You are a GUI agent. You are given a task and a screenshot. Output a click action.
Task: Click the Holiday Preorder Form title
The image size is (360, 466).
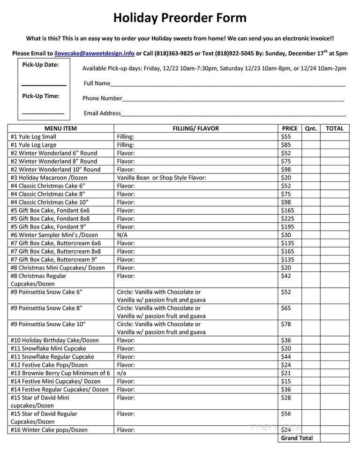[180, 18]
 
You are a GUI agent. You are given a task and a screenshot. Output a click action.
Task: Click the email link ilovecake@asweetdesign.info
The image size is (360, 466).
[94, 53]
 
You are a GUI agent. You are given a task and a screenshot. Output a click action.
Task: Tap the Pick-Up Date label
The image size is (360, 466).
[40, 65]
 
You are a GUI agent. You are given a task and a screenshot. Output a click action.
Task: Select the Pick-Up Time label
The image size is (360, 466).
[40, 96]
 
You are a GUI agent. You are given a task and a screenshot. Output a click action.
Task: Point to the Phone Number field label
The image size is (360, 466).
[102, 98]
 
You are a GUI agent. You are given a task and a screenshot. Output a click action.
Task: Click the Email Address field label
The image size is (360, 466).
[102, 113]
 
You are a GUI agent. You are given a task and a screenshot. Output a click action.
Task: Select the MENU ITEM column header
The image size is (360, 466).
[60, 128]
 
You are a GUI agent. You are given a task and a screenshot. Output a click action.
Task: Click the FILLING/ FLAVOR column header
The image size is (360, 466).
[195, 128]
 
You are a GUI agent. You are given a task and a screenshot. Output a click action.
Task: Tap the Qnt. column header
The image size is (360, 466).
[311, 128]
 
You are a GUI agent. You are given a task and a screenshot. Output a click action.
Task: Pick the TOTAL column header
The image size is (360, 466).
[335, 128]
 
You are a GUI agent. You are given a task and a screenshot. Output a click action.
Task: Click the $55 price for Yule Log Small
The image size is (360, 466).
[286, 137]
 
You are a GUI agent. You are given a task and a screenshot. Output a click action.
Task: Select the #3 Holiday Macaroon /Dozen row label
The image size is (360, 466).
[49, 178]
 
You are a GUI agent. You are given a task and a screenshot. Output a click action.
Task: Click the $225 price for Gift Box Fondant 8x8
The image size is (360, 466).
[287, 219]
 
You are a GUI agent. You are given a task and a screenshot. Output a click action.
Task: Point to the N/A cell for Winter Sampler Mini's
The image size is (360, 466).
[122, 235]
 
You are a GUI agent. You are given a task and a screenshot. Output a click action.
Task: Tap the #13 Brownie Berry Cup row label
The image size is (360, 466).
[60, 373]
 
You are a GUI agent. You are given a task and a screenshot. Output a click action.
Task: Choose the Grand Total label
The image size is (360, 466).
[297, 438]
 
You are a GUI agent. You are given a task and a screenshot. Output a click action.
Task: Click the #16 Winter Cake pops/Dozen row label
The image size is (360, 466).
[49, 430]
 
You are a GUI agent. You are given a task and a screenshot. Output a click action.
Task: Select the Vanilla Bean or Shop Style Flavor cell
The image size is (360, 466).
[161, 178]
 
